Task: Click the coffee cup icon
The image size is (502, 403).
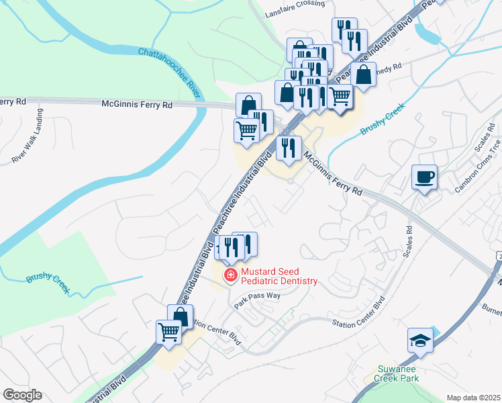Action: coord(424,177)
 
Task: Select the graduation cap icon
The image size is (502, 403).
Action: coord(420,341)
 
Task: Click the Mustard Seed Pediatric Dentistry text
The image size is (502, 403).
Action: coord(279,277)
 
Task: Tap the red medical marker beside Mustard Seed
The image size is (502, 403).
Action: coord(230,275)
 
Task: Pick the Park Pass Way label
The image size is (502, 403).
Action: coord(257,300)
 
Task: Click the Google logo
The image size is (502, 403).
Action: coord(21,395)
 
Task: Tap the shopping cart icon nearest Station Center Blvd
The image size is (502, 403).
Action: coord(168,331)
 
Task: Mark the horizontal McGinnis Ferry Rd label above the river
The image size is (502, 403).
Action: coord(137,104)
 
